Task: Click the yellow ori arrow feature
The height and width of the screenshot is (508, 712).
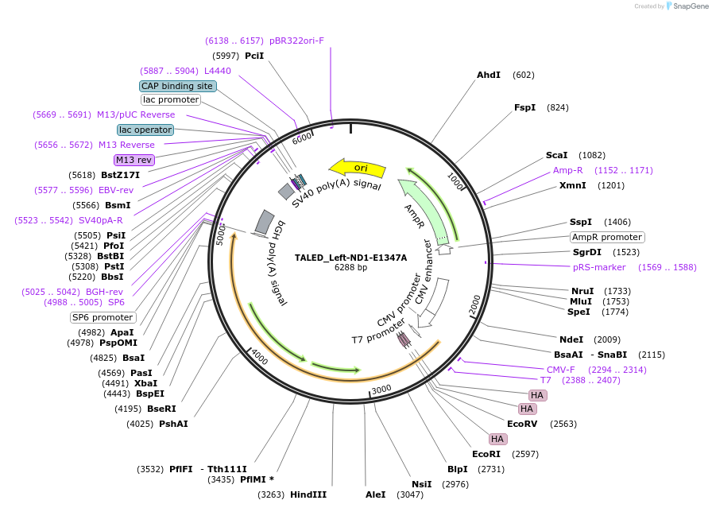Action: (359, 168)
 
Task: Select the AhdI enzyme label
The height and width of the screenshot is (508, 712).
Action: (488, 75)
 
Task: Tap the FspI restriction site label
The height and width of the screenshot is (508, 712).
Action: (524, 107)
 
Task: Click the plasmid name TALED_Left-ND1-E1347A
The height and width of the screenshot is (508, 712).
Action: (350, 258)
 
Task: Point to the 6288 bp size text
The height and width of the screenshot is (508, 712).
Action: (350, 268)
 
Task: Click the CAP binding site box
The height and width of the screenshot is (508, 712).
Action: (177, 86)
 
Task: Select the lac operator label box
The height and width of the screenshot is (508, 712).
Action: (145, 130)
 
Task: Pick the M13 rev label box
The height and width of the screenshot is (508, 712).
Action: (133, 160)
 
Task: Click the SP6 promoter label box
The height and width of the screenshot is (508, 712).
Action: (103, 317)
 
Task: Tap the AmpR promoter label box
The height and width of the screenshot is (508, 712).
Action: (607, 237)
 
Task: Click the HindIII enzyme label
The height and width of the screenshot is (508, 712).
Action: (308, 494)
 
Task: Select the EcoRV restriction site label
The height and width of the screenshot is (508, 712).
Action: (522, 424)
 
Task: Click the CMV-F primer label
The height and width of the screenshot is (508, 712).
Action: (560, 370)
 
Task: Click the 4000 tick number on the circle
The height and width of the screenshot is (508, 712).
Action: (260, 356)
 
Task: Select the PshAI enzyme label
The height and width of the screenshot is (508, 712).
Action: (173, 424)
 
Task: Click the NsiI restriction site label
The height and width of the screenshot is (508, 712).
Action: (421, 483)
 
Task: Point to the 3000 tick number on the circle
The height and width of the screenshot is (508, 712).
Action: (382, 389)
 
